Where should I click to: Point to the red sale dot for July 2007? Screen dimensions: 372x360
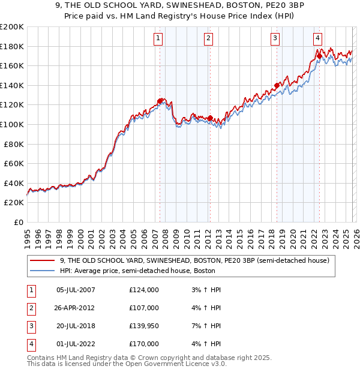tap(160, 101)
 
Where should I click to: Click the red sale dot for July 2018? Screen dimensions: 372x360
tap(277, 85)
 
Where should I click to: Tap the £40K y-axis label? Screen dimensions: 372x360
tap(14, 183)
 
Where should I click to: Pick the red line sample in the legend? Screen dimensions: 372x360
tap(43, 261)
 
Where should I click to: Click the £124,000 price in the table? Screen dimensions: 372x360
tap(144, 290)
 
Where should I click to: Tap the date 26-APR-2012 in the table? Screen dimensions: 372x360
tap(75, 308)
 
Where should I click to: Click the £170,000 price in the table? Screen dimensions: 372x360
tap(144, 344)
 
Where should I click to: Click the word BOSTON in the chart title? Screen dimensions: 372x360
tap(217, 6)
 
